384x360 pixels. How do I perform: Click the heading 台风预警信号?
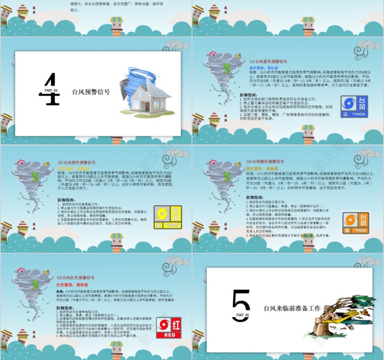coord(91,91)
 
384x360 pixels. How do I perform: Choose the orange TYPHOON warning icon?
coord(355,223)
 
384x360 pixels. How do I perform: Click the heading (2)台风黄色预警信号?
coord(76,162)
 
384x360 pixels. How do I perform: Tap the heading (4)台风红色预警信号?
coord(75,277)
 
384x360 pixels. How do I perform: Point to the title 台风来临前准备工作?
coord(292,308)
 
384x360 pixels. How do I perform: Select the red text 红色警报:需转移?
coord(72,284)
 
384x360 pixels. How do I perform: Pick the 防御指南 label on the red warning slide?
coord(67,307)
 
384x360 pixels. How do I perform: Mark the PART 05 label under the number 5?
coord(240,315)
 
